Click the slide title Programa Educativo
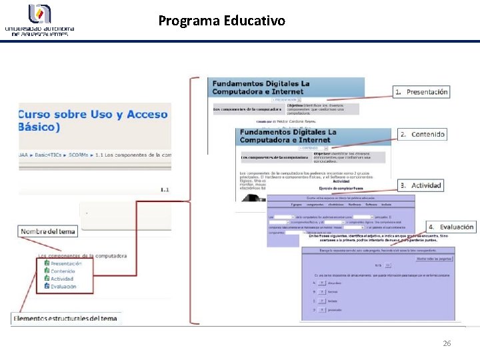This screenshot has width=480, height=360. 221,21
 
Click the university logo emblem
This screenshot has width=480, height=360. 39,13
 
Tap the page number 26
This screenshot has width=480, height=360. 447,343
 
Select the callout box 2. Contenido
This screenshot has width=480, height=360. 422,135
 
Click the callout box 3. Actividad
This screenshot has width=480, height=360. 421,185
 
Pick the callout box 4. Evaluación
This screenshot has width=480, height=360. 451,227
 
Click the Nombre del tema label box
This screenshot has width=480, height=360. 47,231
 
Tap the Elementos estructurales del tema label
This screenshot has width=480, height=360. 65,318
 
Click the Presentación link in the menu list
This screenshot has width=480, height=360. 66,264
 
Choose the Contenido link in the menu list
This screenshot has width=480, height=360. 63,271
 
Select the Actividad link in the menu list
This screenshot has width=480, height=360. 62,279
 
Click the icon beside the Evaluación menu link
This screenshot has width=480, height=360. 47,286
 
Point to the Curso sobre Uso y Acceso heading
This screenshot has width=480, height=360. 93,115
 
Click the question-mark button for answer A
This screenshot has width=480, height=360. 322,282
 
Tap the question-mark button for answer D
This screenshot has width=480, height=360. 322,310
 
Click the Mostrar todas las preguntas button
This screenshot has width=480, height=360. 434,258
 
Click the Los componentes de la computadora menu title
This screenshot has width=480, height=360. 83,255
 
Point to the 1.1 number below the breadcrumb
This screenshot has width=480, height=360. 165,190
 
